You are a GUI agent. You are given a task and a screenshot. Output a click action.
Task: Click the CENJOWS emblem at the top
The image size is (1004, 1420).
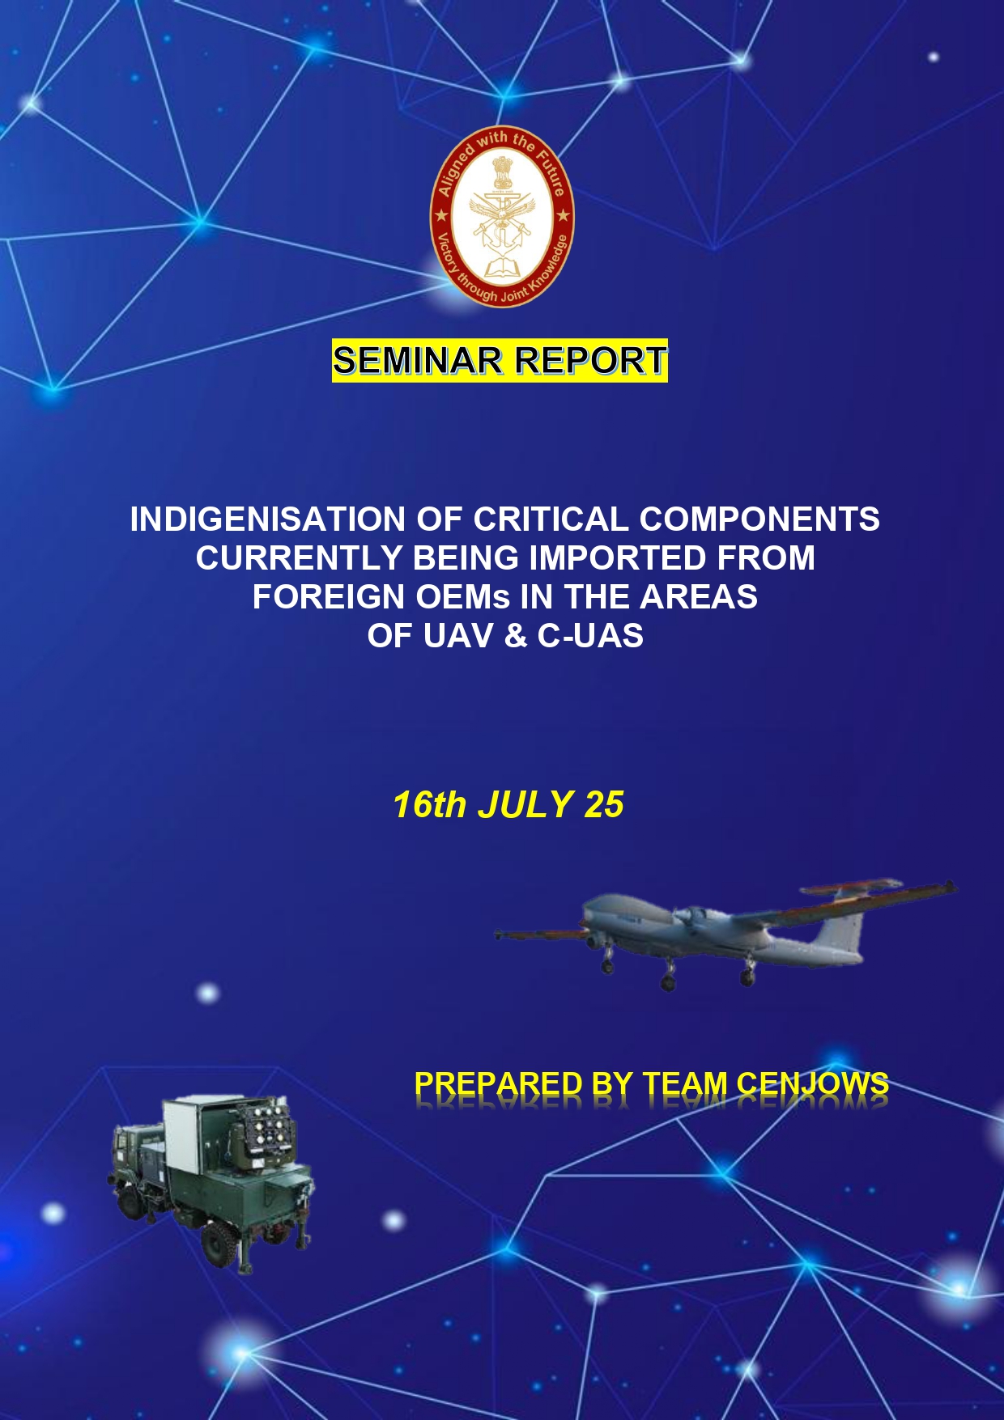pos(502,216)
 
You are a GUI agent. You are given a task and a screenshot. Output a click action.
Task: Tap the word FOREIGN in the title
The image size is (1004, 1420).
pos(328,597)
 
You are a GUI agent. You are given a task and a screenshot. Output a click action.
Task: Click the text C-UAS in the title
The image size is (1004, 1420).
pos(591,636)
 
